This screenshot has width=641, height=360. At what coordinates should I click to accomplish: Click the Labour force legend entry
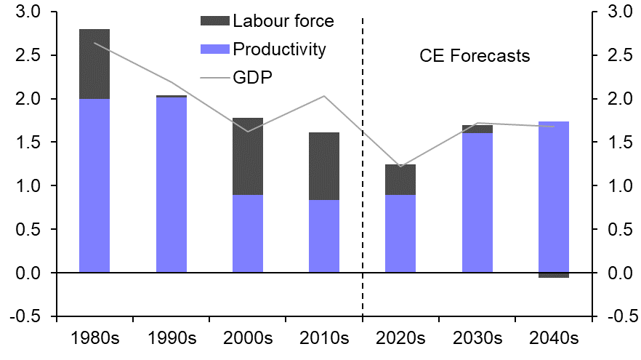pyautogui.click(x=283, y=21)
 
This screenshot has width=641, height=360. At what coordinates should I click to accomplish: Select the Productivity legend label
pyautogui.click(x=280, y=49)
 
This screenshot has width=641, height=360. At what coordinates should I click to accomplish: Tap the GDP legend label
pyautogui.click(x=253, y=76)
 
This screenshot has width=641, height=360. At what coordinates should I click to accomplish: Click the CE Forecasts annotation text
pyautogui.click(x=475, y=56)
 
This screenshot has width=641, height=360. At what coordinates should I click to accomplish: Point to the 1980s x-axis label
pyautogui.click(x=94, y=339)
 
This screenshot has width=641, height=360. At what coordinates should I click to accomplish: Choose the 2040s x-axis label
pyautogui.click(x=554, y=339)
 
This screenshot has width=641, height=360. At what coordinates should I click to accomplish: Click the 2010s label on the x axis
pyautogui.click(x=324, y=339)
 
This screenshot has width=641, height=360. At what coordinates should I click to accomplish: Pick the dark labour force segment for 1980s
pyautogui.click(x=94, y=64)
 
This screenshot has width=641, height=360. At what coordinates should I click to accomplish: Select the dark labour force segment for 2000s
pyautogui.click(x=248, y=156)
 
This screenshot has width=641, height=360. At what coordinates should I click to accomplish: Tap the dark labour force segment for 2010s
pyautogui.click(x=324, y=166)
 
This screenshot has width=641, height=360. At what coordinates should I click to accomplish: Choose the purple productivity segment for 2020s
pyautogui.click(x=400, y=233)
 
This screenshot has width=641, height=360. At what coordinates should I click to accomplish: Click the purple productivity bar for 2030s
pyautogui.click(x=477, y=203)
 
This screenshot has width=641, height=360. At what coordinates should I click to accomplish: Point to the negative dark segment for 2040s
pyautogui.click(x=554, y=275)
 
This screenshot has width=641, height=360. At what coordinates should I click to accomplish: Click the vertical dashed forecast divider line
pyautogui.click(x=363, y=182)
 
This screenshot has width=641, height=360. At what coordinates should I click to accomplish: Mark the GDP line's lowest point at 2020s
pyautogui.click(x=400, y=167)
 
